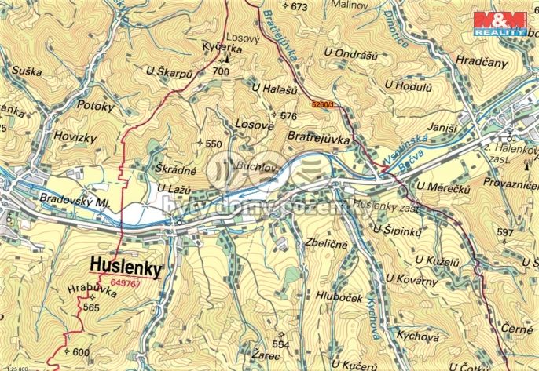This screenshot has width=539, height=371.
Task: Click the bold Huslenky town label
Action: pyautogui.click(x=126, y=267)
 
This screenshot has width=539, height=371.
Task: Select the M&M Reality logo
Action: pyautogui.click(x=497, y=20)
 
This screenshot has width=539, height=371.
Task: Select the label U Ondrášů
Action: pyautogui.click(x=350, y=53)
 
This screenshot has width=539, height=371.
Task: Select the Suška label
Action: pyautogui.click(x=27, y=71)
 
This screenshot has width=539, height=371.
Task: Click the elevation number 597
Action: pyautogui.click(x=504, y=232)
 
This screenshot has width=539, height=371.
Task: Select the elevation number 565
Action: pyautogui.click(x=92, y=307)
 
